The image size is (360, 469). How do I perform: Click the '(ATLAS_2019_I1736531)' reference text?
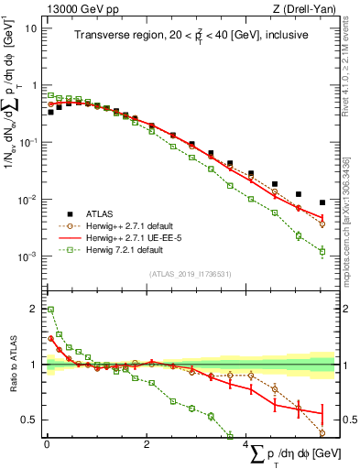click(191, 273)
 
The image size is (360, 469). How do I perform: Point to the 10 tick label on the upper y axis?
click(30, 27)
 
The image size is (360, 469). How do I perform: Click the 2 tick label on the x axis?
click(147, 444)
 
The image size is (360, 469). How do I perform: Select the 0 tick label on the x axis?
click(47, 444)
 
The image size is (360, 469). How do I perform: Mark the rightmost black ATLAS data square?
click(322, 202)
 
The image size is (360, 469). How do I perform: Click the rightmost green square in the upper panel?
click(322, 251)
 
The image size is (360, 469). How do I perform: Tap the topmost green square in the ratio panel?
click(50, 310)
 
